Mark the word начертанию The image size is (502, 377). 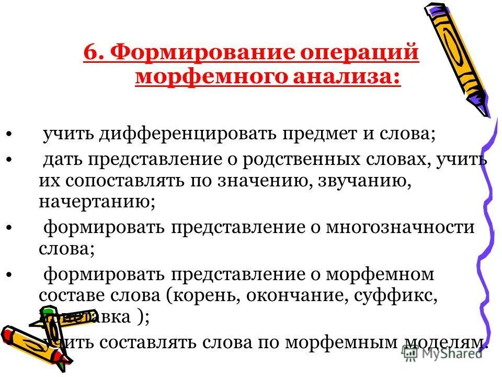(x=96, y=203)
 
